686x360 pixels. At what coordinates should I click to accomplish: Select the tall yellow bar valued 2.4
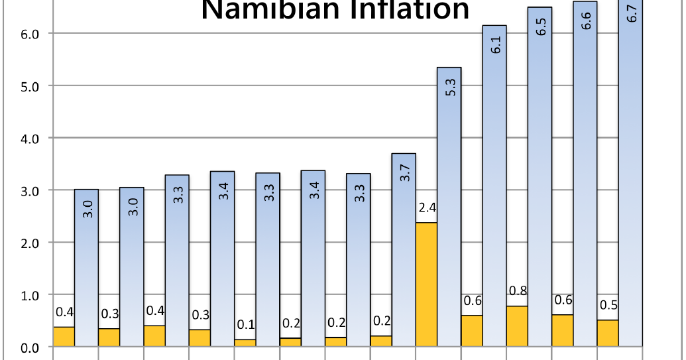click(426, 285)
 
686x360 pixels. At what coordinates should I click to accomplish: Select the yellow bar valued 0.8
click(517, 326)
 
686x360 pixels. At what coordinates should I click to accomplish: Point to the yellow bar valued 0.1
click(245, 343)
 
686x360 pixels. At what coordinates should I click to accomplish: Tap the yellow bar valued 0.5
click(608, 333)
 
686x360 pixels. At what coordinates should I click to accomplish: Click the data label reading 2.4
click(428, 208)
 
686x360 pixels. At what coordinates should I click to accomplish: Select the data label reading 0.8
click(518, 291)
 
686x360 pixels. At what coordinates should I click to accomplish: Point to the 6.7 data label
click(631, 13)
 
